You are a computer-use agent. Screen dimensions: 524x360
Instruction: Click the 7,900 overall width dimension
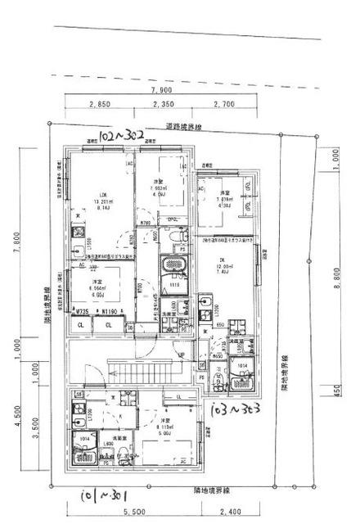(160, 90)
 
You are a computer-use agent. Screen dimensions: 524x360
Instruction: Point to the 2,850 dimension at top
(99, 105)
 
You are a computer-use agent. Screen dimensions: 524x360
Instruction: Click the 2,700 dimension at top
(224, 105)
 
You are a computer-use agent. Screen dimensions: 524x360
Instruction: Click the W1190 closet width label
(105, 312)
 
